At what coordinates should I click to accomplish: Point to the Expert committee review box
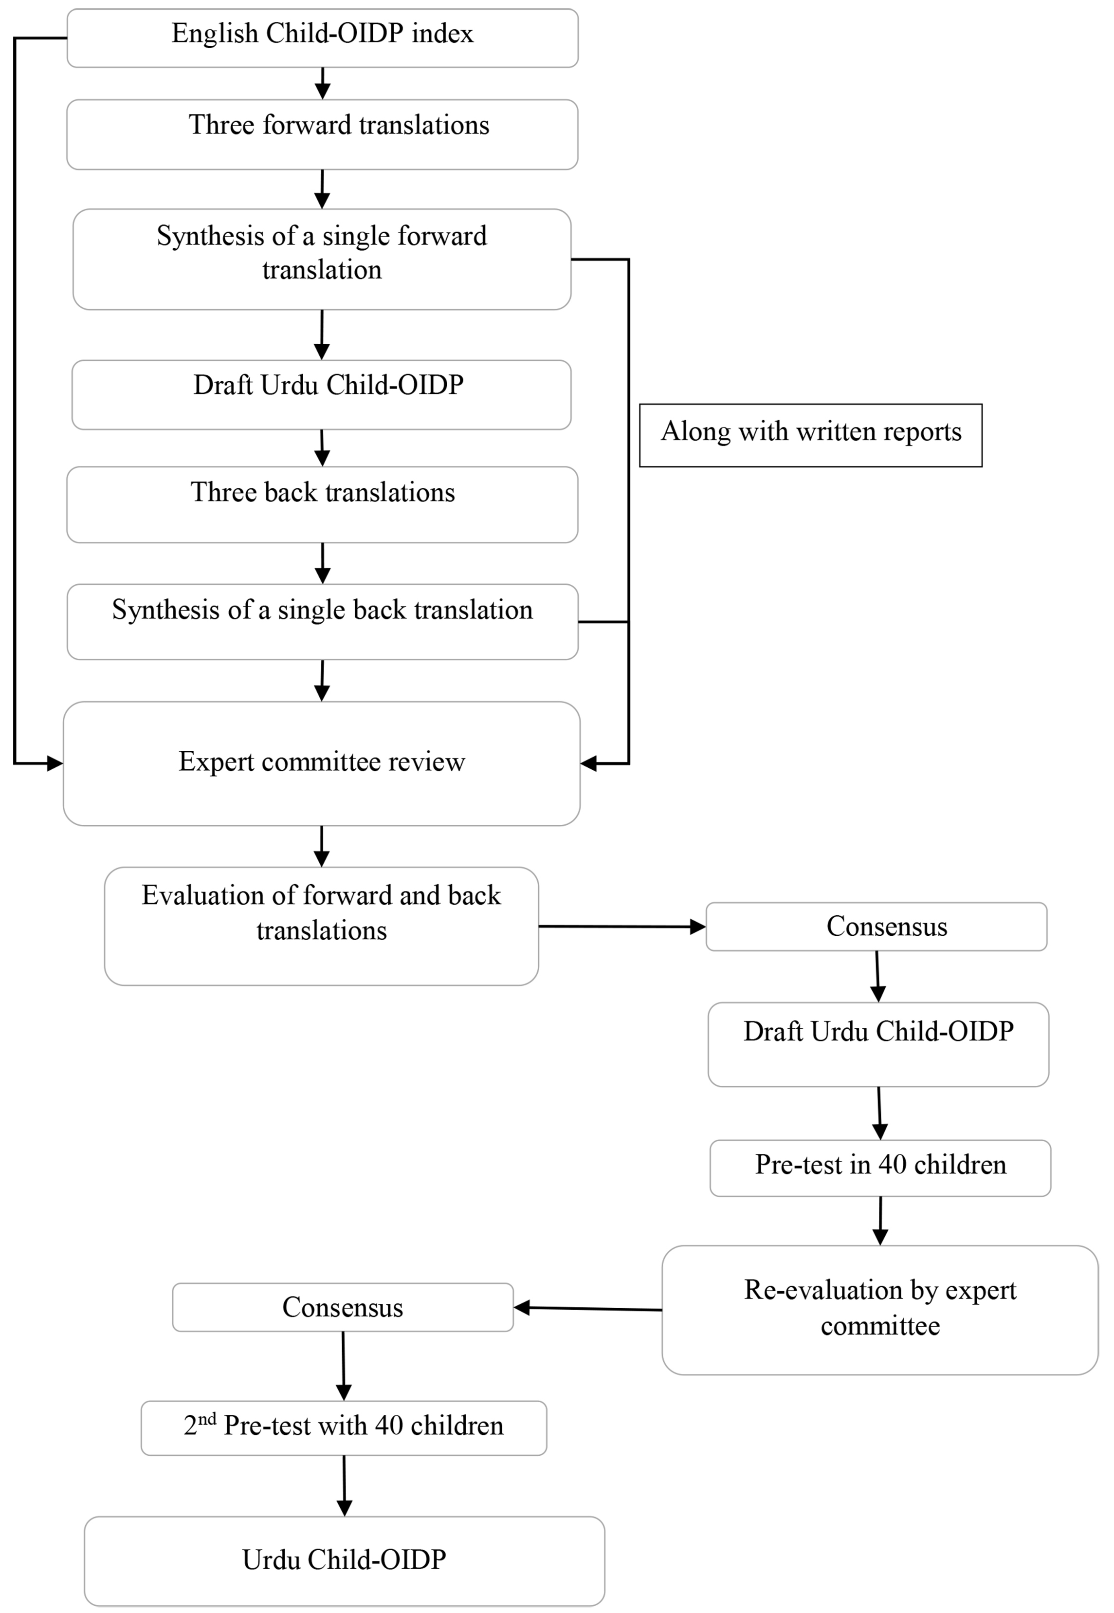(322, 763)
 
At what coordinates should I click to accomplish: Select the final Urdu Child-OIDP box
(344, 1560)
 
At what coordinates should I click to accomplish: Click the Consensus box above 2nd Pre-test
(343, 1307)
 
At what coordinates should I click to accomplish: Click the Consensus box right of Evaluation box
(876, 927)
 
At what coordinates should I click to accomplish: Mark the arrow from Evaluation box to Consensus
(621, 927)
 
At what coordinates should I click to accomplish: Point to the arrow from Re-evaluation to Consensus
(588, 1309)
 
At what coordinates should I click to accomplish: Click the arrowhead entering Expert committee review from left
(55, 763)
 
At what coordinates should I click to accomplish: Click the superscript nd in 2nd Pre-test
(207, 1418)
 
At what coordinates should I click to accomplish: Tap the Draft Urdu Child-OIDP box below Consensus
(878, 1044)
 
